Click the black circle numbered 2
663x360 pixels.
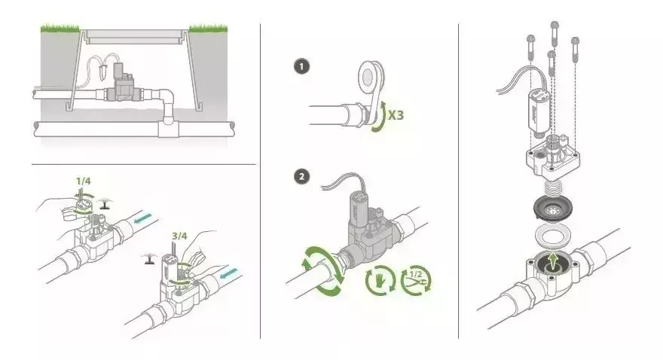(301, 177)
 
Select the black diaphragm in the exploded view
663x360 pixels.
(556, 209)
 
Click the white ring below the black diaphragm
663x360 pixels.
(555, 235)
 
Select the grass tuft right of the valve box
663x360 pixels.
(207, 29)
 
